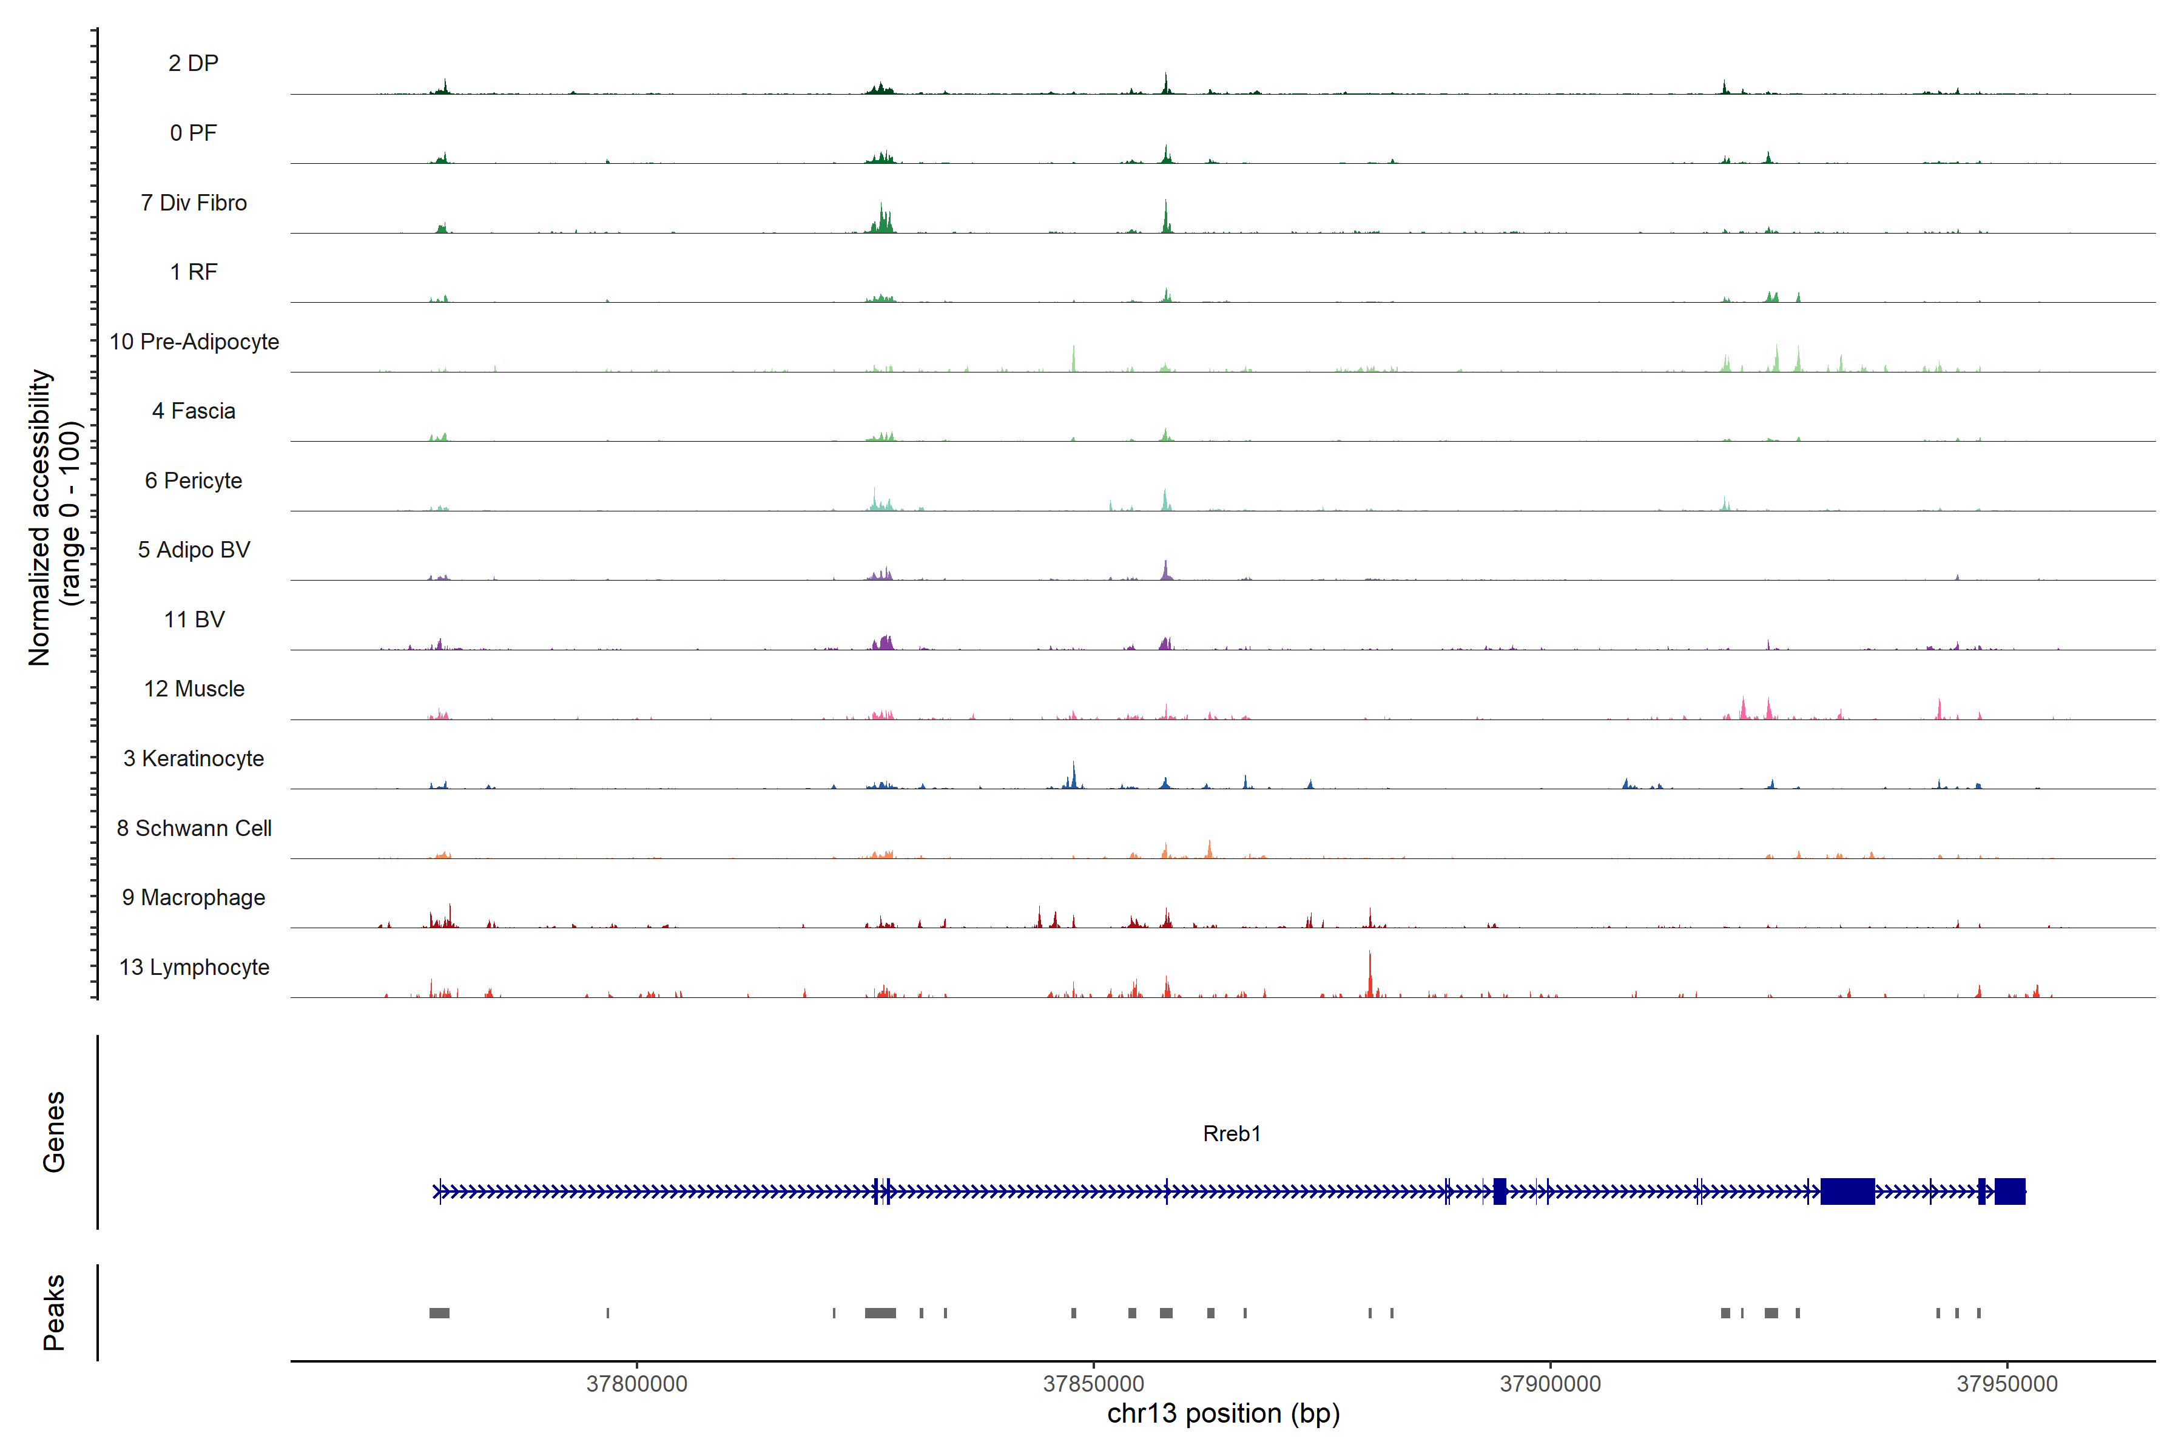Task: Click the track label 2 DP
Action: coord(193,63)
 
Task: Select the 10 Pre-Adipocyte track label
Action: coord(194,342)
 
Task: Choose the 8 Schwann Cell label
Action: coord(194,828)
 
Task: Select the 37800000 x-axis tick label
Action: coord(637,1384)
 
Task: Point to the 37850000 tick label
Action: coord(1094,1384)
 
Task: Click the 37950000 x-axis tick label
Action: coord(2007,1384)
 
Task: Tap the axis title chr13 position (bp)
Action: coord(1223,1414)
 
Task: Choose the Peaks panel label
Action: coord(54,1312)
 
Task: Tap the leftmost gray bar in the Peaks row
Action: coord(439,1313)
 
